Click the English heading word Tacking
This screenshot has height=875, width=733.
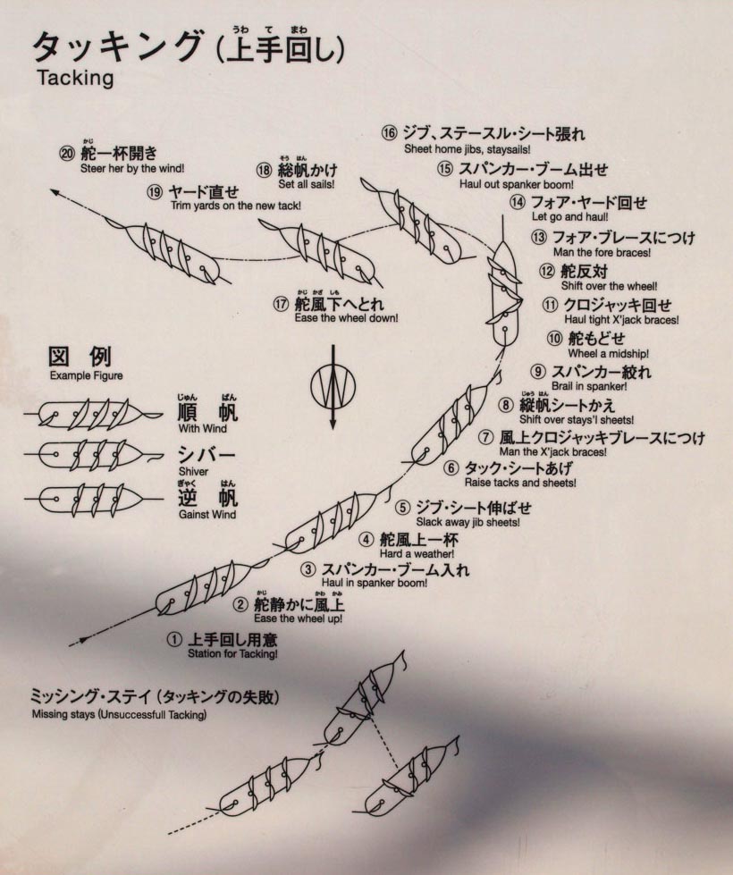click(75, 78)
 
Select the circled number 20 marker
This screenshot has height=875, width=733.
click(67, 153)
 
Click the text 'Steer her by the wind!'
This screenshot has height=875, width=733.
click(131, 168)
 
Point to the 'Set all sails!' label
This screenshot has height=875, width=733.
click(307, 184)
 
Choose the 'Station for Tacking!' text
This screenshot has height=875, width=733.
click(232, 654)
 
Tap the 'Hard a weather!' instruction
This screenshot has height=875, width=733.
click(417, 554)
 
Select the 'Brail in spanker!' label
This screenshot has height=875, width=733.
click(589, 386)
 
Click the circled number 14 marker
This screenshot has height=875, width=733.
click(518, 202)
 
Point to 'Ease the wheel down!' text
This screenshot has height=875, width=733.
click(346, 318)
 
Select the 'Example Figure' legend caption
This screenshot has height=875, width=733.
click(86, 375)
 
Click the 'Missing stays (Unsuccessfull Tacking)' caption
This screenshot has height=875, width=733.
click(119, 714)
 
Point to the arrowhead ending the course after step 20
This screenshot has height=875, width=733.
click(55, 192)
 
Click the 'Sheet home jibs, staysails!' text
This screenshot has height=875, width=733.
click(467, 149)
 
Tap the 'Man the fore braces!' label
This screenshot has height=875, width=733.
click(602, 252)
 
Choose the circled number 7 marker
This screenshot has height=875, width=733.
click(487, 437)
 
